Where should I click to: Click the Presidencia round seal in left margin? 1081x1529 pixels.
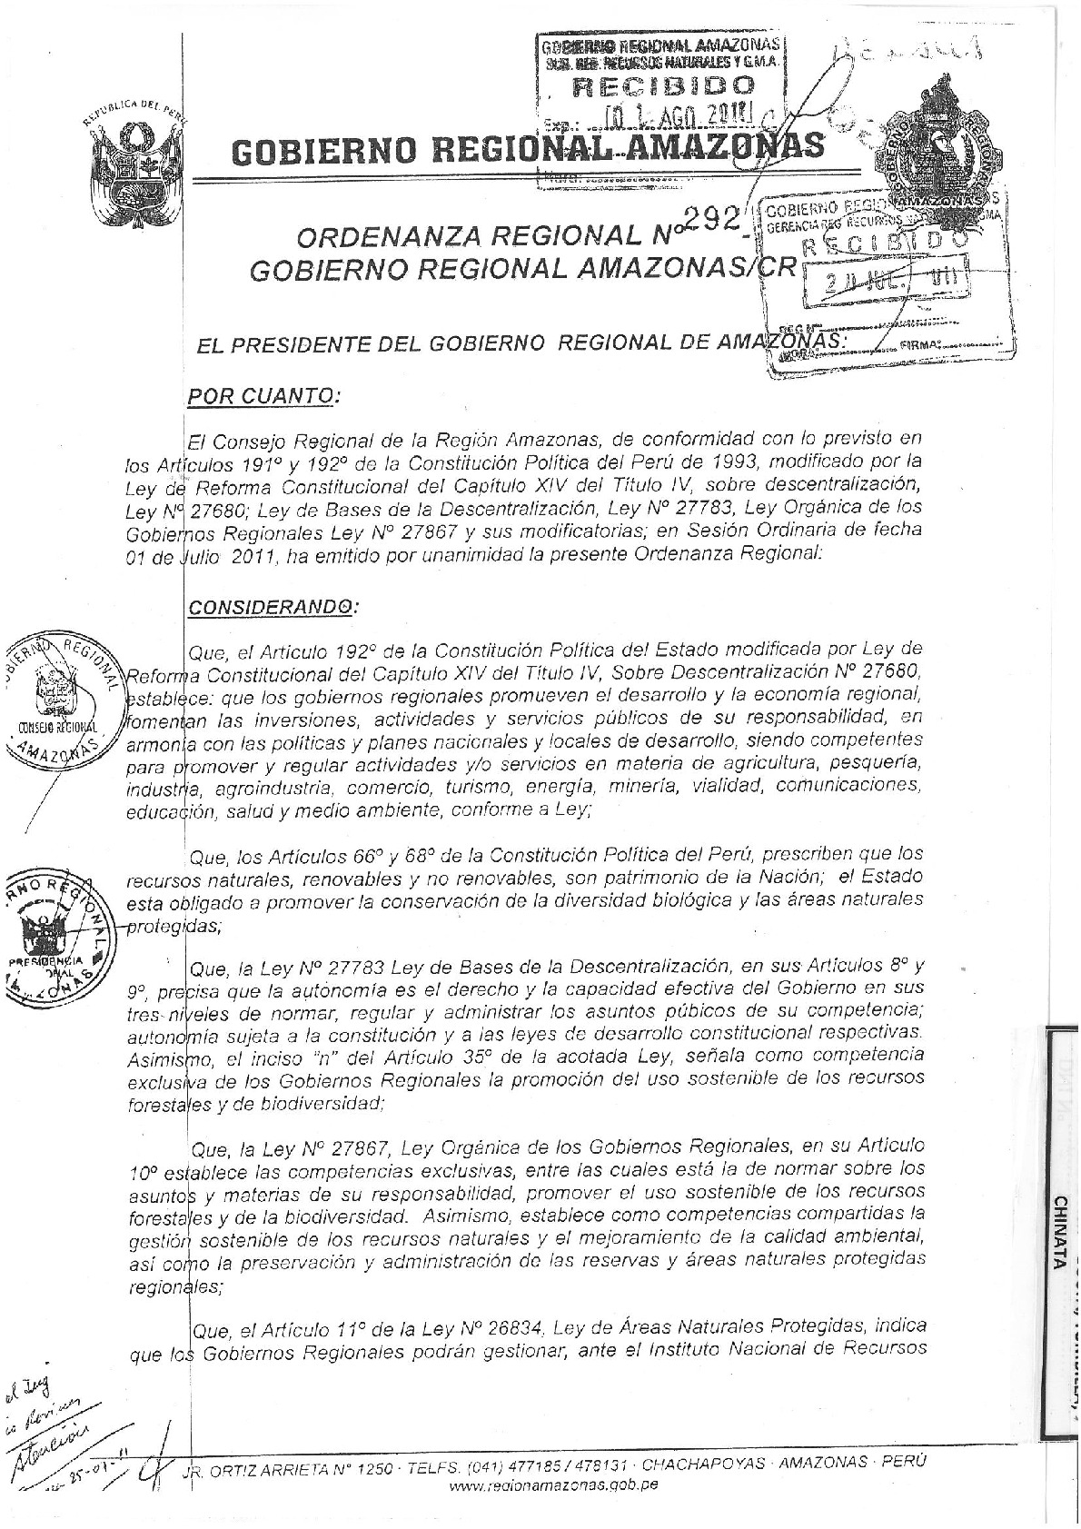click(x=55, y=936)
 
